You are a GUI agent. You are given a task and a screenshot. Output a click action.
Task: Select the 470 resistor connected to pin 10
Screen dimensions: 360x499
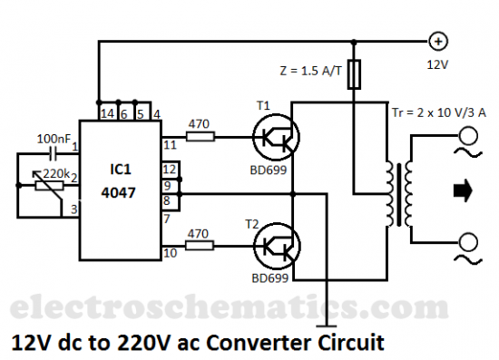[200, 245]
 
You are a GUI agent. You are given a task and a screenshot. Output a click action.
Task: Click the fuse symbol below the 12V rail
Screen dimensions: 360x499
[355, 73]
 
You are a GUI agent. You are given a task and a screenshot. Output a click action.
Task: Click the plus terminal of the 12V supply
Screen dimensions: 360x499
[437, 41]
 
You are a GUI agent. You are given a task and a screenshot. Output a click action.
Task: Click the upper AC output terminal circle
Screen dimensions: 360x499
[470, 137]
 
